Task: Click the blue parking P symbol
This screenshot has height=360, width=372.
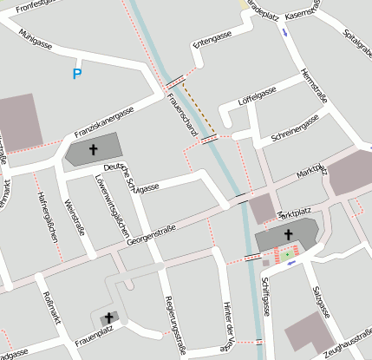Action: tap(77, 75)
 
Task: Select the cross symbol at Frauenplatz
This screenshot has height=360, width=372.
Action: tap(108, 318)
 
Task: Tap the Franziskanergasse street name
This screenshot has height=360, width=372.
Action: tap(104, 122)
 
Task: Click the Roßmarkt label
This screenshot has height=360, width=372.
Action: tap(51, 309)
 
